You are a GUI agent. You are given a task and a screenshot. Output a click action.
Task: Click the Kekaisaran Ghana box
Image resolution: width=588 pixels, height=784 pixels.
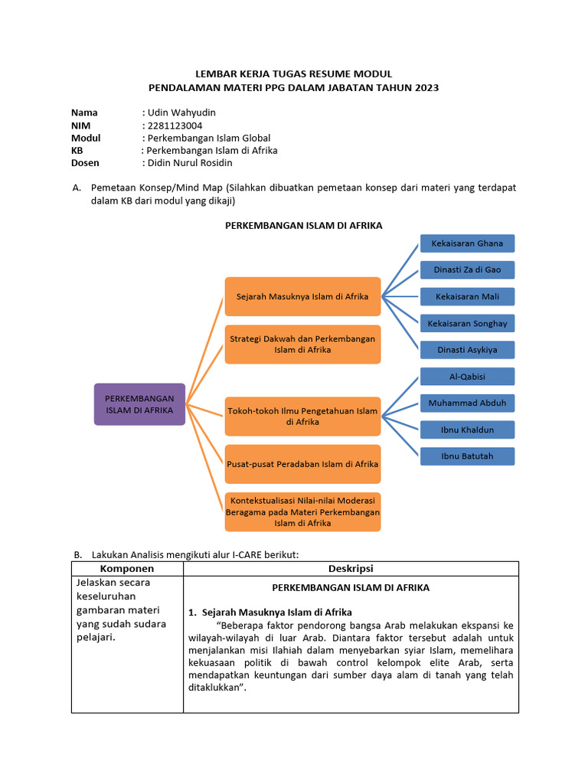[x=467, y=243]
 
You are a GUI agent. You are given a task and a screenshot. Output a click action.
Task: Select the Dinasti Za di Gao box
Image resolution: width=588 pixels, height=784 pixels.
[x=467, y=269]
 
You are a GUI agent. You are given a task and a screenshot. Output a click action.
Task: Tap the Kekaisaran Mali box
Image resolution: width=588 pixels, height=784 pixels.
[x=467, y=296]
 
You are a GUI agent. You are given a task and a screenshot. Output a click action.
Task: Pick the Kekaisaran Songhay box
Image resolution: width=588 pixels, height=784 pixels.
[x=467, y=323]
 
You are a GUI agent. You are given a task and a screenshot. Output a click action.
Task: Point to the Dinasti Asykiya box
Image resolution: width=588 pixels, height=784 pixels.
[x=467, y=350]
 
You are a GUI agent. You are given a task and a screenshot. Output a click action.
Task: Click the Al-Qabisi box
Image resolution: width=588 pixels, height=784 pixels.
[x=467, y=377]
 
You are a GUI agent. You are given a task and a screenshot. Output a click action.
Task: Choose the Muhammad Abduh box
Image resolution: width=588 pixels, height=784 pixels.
[x=467, y=403]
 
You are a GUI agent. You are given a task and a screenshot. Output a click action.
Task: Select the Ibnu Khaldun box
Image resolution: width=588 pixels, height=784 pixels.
[x=467, y=430]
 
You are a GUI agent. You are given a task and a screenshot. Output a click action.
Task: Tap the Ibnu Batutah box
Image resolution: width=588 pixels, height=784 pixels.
[x=467, y=456]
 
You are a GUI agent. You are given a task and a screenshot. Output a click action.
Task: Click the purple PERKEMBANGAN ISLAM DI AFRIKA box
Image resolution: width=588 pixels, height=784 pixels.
[x=139, y=404]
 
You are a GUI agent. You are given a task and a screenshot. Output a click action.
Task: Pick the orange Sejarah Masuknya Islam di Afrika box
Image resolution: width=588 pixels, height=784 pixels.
[x=302, y=296]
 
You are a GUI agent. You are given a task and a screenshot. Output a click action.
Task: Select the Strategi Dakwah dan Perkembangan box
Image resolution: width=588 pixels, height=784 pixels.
[x=302, y=344]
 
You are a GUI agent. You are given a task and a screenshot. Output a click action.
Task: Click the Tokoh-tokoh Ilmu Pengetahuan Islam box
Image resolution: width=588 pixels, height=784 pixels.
[x=302, y=416]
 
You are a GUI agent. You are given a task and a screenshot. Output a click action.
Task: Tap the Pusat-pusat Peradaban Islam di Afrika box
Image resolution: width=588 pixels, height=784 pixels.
[x=302, y=464]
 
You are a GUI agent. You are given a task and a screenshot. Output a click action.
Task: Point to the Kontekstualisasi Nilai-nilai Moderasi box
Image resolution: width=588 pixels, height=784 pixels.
[x=302, y=511]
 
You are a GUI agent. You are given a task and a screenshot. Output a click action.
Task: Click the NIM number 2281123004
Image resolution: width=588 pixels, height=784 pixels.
[x=175, y=126]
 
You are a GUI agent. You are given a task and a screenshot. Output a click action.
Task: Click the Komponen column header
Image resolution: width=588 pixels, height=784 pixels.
[x=127, y=569]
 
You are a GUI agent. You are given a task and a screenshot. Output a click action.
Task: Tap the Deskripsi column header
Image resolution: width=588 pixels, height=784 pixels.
[x=351, y=569]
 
